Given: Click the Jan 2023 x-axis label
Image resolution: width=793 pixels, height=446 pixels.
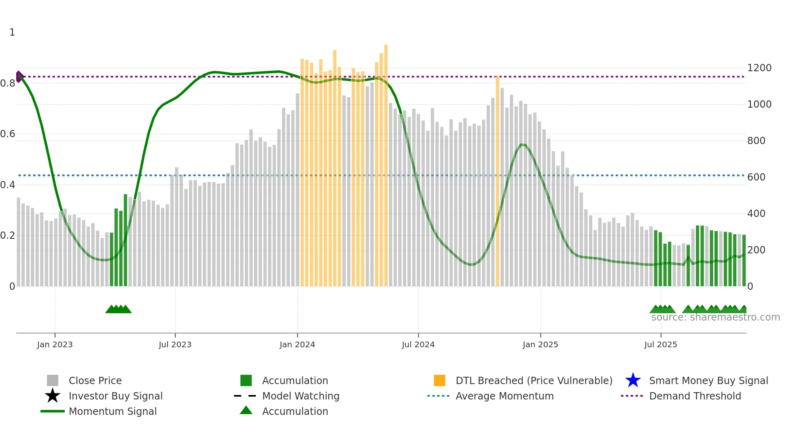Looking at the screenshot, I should click(55, 344).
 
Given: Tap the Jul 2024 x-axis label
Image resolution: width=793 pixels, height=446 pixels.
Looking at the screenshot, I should click(418, 344).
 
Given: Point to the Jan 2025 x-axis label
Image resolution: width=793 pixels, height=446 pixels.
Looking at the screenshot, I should click(540, 344).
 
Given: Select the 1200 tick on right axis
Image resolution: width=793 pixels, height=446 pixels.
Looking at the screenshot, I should click(759, 68).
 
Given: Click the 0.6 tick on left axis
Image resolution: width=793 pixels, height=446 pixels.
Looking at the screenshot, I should click(8, 134).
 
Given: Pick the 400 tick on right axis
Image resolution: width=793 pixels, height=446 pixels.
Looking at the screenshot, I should click(756, 214).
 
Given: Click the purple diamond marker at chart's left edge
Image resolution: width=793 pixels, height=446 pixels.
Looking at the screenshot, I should click(19, 76).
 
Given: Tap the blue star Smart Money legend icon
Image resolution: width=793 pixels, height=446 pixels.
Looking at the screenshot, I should click(633, 380).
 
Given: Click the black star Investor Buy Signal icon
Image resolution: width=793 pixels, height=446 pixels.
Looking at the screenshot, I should click(53, 396).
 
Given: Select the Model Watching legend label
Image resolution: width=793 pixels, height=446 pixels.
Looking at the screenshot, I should click(301, 396).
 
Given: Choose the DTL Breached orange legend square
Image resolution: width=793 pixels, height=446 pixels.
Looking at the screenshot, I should click(439, 380).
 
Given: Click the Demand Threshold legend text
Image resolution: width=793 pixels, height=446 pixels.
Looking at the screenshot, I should click(695, 396).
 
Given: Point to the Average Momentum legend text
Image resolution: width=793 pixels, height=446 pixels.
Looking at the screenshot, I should click(505, 396).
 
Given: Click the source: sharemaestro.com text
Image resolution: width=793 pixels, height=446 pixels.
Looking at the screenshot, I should click(715, 317).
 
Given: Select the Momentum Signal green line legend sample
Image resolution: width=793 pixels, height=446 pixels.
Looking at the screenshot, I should click(53, 411).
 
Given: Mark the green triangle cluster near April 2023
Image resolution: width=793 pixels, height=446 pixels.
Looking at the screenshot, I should click(118, 309).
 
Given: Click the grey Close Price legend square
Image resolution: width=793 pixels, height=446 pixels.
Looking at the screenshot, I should click(53, 380).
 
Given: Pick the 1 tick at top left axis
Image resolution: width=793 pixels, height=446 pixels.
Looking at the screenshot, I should click(12, 32).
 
